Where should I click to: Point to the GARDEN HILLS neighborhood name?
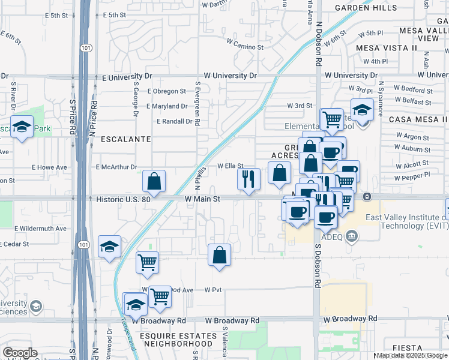pos(366,8)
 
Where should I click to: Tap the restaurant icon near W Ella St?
pos(248,178)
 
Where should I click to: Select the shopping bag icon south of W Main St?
pos(220,254)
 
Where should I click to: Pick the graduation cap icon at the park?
pos(22,127)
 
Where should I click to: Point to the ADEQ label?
pos(331,236)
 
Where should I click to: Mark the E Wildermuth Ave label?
pos(41,229)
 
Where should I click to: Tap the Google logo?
pos(20,353)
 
